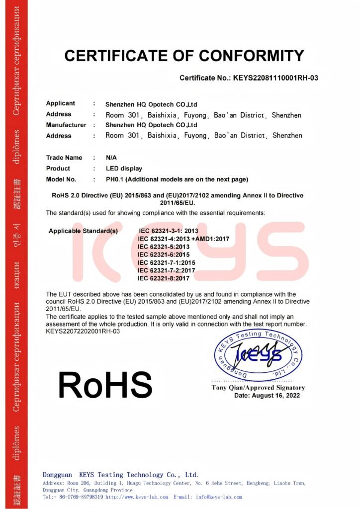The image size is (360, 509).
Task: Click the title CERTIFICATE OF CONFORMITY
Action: [183, 55]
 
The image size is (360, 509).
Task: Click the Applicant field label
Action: [61, 103]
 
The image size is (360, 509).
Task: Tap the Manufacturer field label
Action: [66, 125]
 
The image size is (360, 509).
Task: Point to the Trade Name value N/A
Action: [111, 158]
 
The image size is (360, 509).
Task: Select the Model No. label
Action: [61, 179]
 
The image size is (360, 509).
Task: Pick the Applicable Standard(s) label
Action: [84, 231]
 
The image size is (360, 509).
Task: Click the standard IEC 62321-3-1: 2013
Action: [169, 231]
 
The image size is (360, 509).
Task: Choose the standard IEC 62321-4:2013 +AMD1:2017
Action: [183, 239]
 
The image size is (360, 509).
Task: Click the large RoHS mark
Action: [105, 384]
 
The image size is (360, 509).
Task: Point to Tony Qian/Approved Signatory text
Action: [258, 388]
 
